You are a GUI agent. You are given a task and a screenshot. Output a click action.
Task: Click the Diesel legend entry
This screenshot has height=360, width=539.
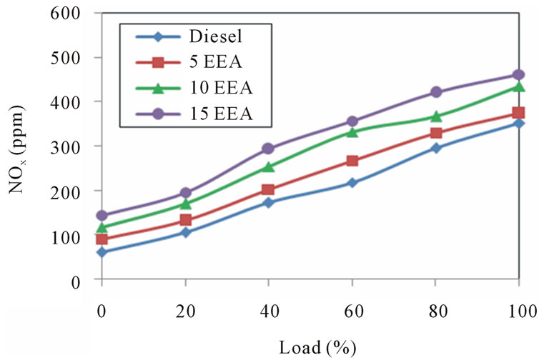click(216, 36)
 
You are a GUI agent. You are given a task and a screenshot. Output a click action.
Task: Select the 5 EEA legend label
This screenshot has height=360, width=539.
click(216, 62)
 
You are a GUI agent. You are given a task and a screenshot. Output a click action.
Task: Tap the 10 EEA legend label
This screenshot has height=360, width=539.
click(222, 88)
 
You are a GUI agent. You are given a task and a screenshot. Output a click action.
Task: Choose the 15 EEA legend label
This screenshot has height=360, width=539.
click(222, 114)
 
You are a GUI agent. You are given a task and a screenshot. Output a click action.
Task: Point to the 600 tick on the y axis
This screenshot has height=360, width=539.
click(65, 14)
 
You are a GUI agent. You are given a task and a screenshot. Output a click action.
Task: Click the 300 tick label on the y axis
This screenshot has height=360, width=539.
click(65, 146)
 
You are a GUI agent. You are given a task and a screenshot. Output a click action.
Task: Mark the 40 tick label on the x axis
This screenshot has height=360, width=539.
click(269, 311)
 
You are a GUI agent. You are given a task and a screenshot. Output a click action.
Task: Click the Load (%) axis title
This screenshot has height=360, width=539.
click(317, 347)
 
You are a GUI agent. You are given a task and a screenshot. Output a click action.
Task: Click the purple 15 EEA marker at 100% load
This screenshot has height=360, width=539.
click(518, 74)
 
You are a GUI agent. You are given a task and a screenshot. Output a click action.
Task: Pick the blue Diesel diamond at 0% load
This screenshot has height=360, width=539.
click(102, 252)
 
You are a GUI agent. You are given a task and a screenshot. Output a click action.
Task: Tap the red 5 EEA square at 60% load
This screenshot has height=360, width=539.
click(352, 161)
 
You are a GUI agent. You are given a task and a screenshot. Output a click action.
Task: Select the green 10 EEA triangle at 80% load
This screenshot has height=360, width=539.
click(436, 116)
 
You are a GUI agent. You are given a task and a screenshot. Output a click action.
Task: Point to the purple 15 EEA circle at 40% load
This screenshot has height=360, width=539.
click(269, 149)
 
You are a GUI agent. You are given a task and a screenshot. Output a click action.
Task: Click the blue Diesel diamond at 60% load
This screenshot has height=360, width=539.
click(352, 182)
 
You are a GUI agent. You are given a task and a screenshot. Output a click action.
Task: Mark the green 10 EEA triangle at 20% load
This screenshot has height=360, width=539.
click(186, 204)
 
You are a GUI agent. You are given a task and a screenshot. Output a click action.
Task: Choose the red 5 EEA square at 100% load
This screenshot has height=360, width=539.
click(518, 112)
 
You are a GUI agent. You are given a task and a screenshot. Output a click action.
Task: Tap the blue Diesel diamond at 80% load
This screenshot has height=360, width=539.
click(436, 148)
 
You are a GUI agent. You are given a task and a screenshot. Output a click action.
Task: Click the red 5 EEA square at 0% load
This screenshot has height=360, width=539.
click(102, 239)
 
